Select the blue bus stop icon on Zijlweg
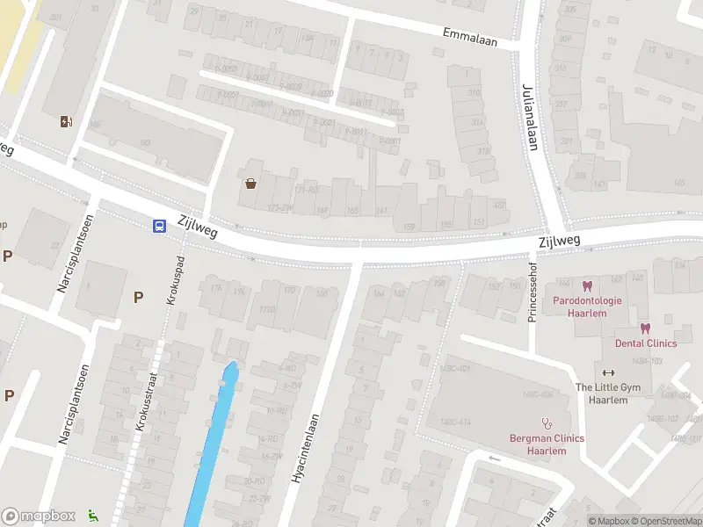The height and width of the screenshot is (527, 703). click(159, 226)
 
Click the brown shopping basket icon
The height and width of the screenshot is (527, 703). click(251, 184)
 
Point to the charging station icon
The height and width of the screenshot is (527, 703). click(66, 121)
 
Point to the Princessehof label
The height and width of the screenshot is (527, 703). click(533, 292)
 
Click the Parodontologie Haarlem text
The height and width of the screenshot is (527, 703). click(587, 307)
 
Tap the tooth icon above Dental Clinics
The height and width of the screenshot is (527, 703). click(645, 328)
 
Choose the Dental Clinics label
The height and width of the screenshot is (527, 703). click(646, 343)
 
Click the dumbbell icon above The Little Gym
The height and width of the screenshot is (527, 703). click(608, 372)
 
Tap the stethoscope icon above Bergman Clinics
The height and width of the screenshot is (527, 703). click(547, 422)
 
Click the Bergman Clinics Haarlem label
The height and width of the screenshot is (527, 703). click(547, 444)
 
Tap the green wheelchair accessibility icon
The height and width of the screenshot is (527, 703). click(94, 516)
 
